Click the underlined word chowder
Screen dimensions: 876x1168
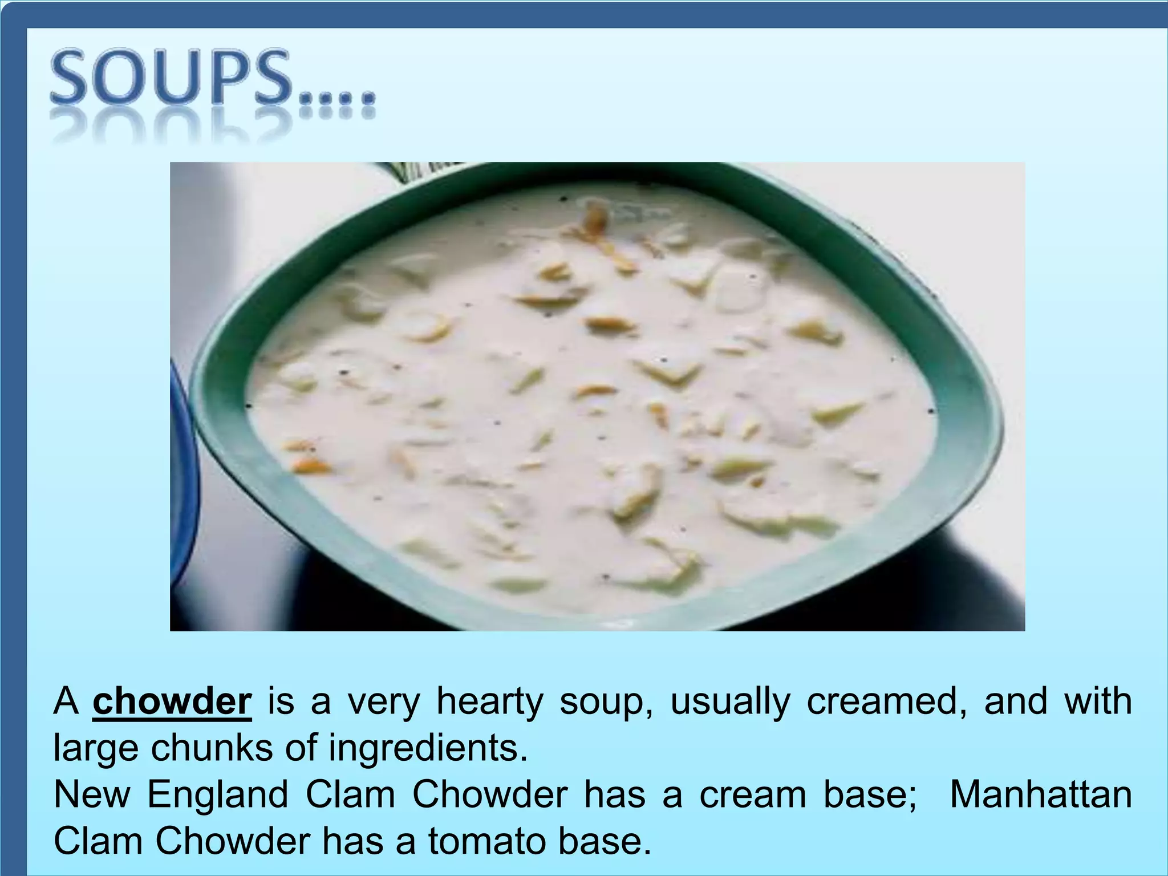coord(172,701)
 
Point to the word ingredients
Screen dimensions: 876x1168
coord(428,749)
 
